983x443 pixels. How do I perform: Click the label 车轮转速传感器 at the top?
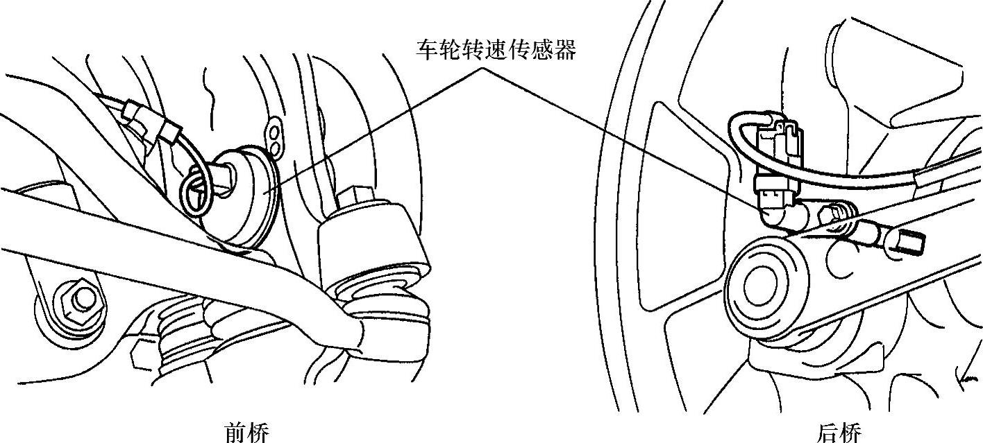tap(496, 49)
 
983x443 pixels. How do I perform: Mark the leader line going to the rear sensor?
tap(625, 139)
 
